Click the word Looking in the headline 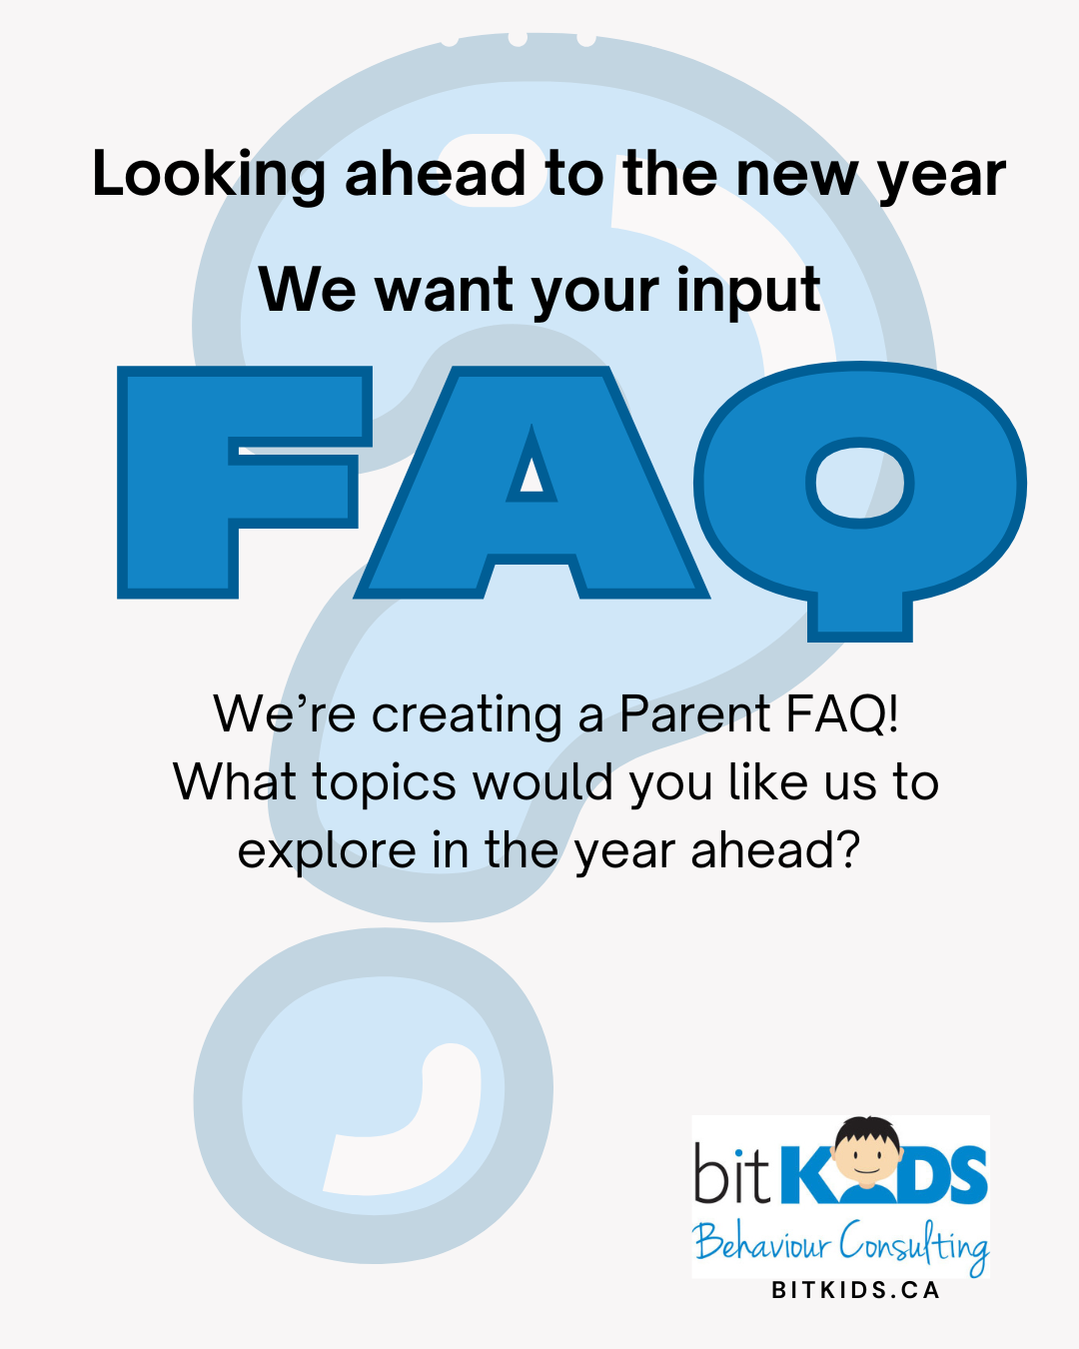click(208, 176)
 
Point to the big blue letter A click(532, 482)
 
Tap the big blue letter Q click(859, 501)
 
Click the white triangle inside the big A click(532, 477)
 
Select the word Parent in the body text click(694, 713)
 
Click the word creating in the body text click(468, 714)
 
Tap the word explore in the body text click(327, 852)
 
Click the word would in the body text click(542, 782)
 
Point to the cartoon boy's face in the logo click(866, 1155)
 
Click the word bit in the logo click(732, 1171)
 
